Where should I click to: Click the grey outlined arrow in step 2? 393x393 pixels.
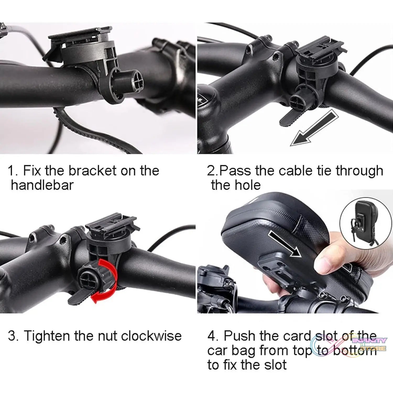314,128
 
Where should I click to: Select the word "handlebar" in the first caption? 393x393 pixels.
42,185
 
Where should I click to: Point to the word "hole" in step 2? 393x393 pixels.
247,185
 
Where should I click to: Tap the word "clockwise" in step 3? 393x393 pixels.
151,336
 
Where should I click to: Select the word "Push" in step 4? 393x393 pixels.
239,336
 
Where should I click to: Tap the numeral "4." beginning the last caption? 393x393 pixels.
213,336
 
